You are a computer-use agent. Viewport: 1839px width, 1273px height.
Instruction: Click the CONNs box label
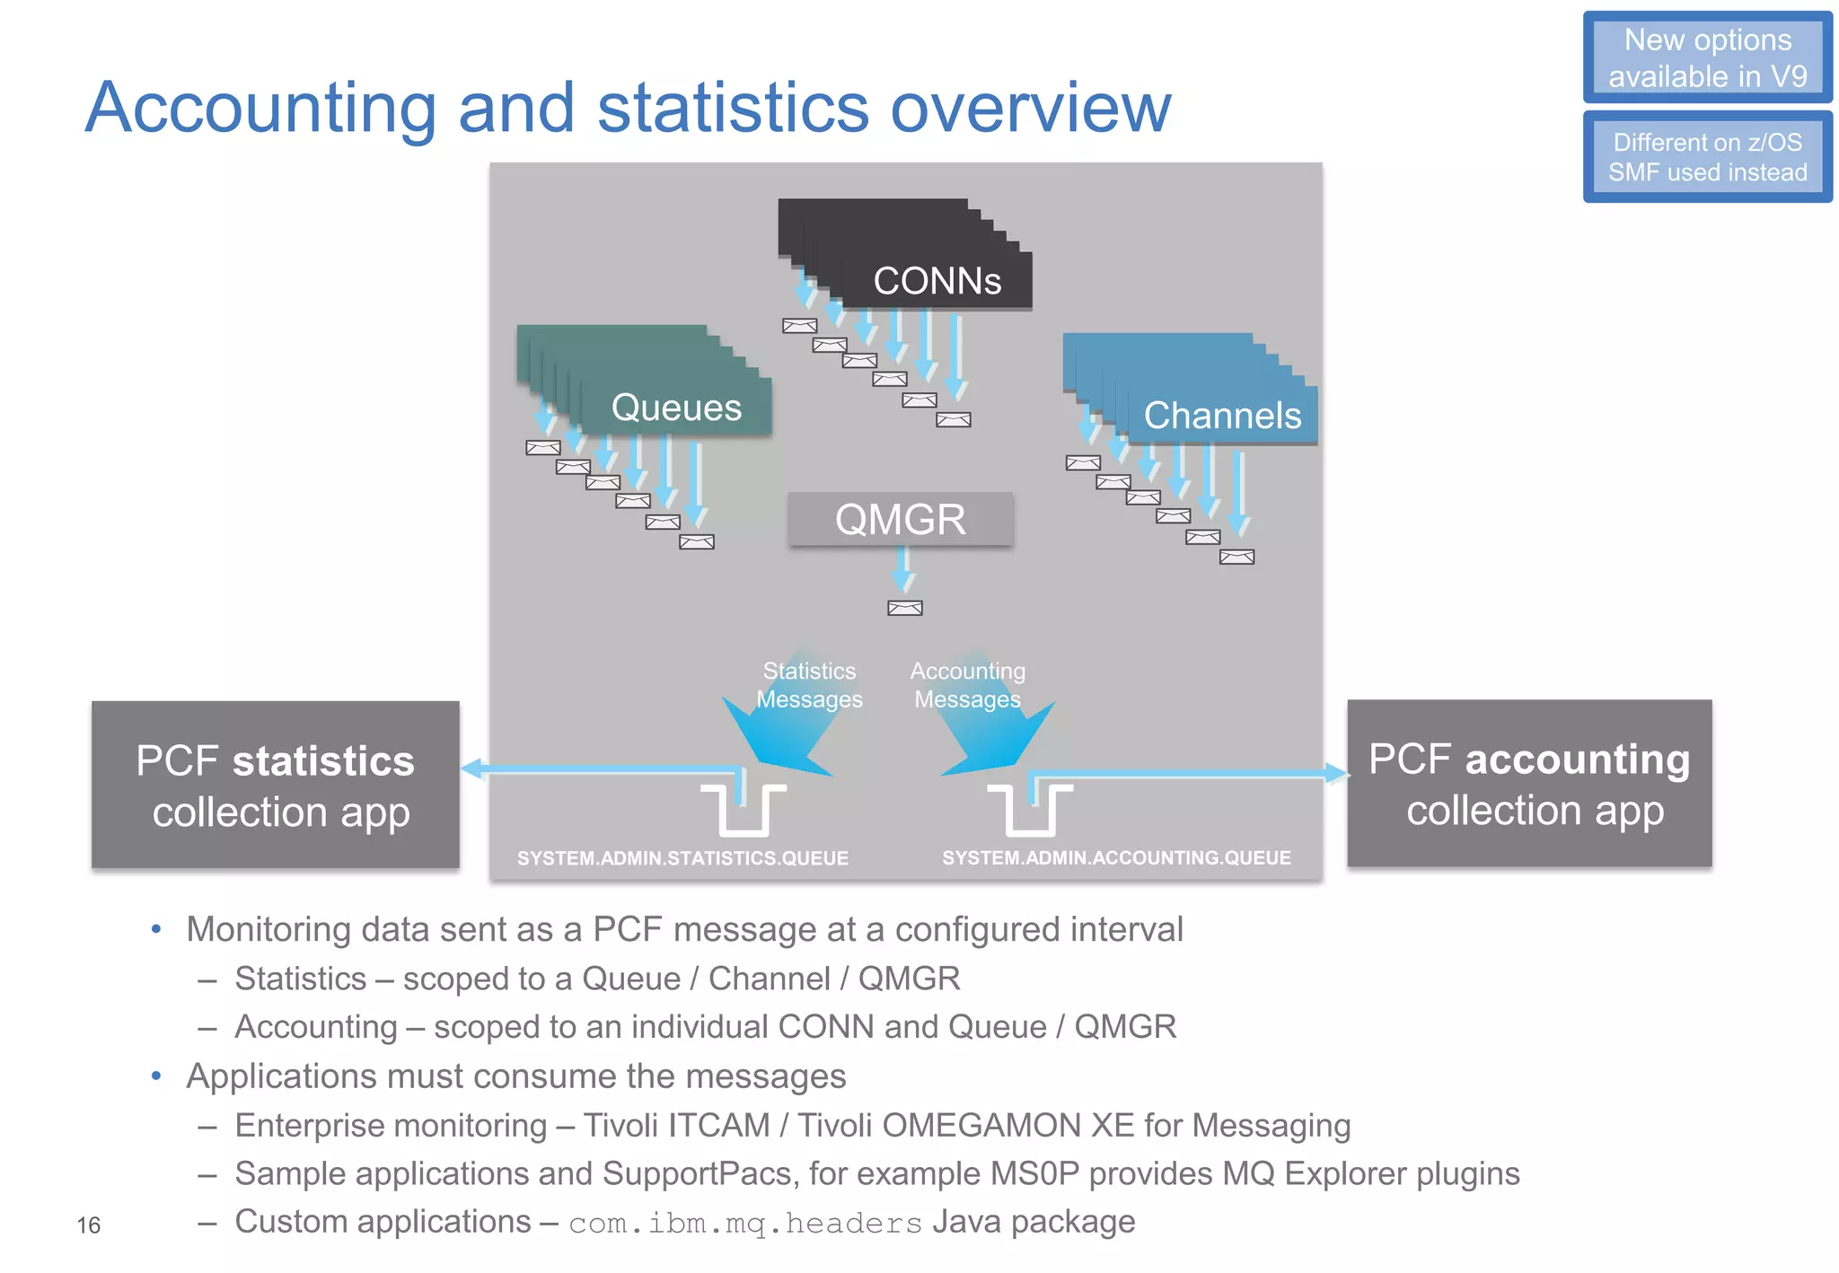coord(937,281)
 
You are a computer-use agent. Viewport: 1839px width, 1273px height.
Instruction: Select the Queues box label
coord(676,408)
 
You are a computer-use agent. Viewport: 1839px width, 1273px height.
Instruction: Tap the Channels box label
coord(1221,416)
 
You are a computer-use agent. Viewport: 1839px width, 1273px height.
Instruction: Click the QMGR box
coord(900,519)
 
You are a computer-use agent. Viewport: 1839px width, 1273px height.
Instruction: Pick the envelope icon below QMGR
coord(904,609)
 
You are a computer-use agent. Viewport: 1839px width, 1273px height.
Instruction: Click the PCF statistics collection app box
coord(276,785)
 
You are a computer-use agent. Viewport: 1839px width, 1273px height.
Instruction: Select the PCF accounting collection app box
coord(1528,783)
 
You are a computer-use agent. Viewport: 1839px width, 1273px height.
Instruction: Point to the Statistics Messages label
coord(809,685)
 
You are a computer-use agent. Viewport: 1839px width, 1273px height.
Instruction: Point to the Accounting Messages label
coord(967,685)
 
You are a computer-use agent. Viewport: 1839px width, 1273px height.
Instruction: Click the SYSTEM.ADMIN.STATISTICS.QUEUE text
coord(682,858)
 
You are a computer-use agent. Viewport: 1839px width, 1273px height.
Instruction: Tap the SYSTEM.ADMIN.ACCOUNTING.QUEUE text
coord(1116,857)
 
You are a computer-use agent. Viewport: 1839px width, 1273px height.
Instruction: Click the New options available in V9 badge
coord(1707,57)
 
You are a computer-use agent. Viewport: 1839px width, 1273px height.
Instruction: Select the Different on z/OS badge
coord(1707,157)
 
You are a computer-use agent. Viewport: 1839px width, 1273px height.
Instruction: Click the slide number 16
coord(88,1225)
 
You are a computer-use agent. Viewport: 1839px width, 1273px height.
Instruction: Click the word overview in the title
coord(1031,108)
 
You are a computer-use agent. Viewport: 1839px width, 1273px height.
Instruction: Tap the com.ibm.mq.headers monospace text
coord(745,1224)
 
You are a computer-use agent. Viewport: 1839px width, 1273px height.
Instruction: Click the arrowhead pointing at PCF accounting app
coord(1336,773)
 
